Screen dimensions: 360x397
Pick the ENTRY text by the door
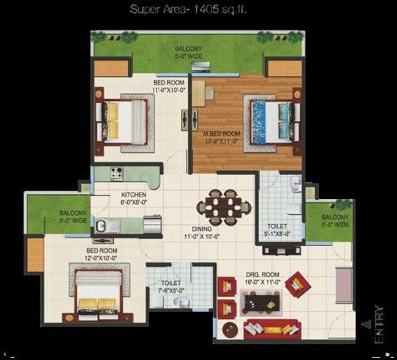379,325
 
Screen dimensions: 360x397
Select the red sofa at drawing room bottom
272,329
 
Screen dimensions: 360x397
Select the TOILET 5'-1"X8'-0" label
279,231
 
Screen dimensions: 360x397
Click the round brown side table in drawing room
228,329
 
